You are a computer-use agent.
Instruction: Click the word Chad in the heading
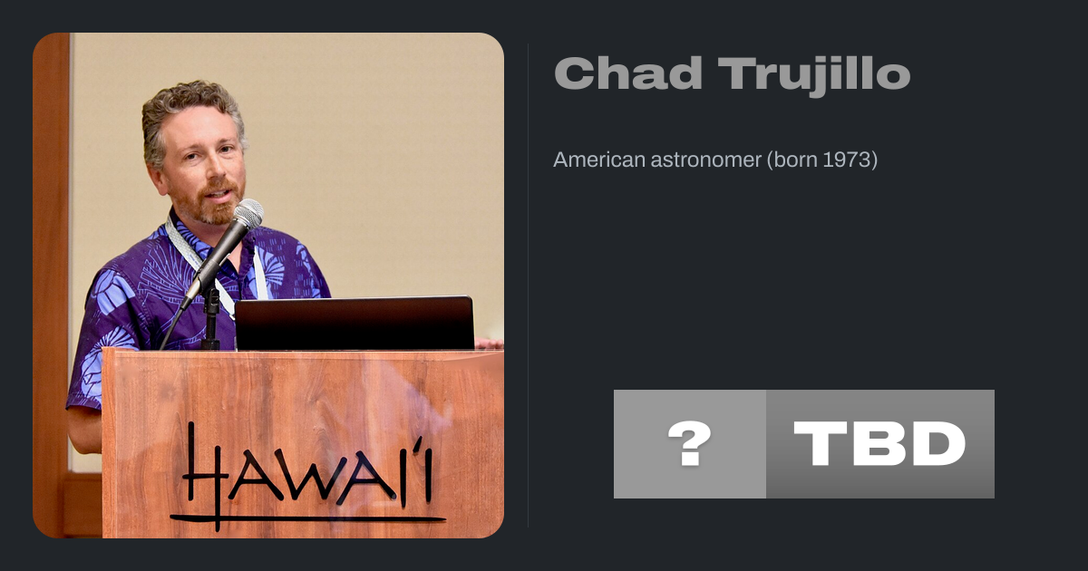click(x=628, y=73)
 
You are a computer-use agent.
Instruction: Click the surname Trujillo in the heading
click(x=814, y=76)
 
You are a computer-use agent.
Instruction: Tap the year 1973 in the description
click(x=847, y=160)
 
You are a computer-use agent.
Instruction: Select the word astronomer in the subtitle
click(x=705, y=160)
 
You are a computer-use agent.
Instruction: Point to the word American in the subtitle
click(x=599, y=160)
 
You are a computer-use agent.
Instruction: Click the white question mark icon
click(x=689, y=443)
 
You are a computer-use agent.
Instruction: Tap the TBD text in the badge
click(x=879, y=443)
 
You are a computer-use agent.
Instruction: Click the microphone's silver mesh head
click(x=248, y=214)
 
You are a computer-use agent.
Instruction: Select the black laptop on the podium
click(x=355, y=323)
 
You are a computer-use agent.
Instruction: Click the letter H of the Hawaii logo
click(x=204, y=476)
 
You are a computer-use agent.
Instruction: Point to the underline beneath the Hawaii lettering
click(x=308, y=519)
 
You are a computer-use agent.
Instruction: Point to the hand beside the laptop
click(x=489, y=344)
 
